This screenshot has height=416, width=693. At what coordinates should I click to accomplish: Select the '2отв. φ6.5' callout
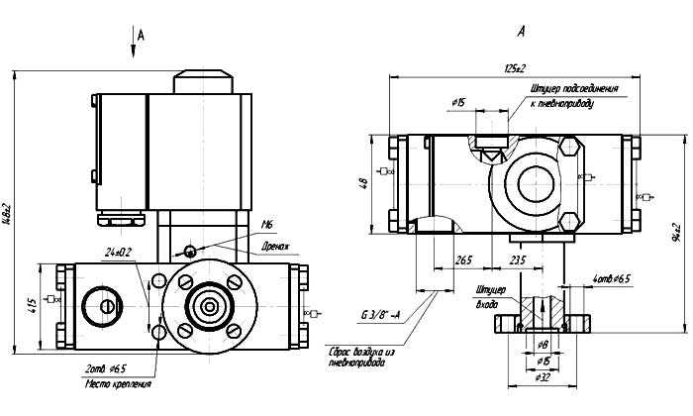pyautogui.click(x=107, y=368)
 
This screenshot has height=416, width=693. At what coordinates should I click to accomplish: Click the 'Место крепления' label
pyautogui.click(x=118, y=383)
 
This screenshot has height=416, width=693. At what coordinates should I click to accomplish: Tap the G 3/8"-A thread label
pyautogui.click(x=381, y=316)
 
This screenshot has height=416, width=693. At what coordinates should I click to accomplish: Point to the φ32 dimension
pyautogui.click(x=543, y=377)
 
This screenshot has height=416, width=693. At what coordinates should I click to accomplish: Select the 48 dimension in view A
pyautogui.click(x=365, y=183)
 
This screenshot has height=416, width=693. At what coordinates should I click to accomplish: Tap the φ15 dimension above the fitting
pyautogui.click(x=458, y=102)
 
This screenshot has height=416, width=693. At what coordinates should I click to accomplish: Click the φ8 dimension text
pyautogui.click(x=544, y=345)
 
